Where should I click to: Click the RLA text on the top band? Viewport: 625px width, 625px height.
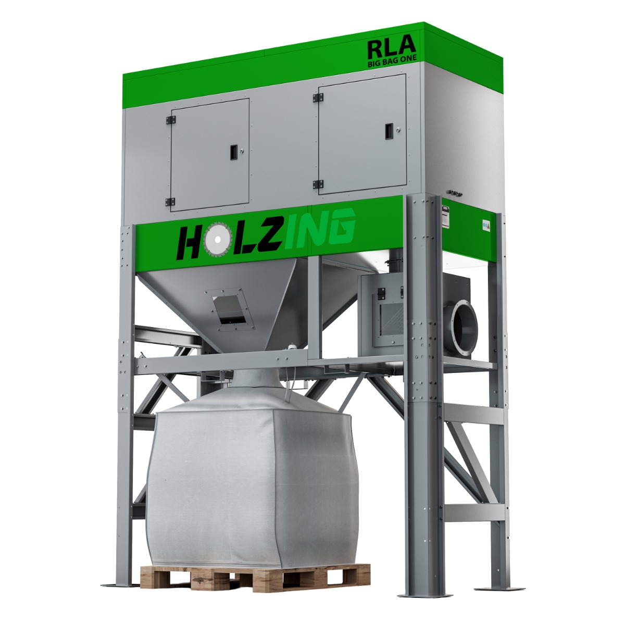[391, 47]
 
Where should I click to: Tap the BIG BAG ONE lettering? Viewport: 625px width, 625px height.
[392, 63]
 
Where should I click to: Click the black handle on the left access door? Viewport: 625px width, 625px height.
[233, 152]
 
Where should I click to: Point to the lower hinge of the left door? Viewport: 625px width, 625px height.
[170, 202]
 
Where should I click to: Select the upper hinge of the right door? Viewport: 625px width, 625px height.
[318, 97]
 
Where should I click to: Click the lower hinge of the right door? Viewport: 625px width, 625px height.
[318, 184]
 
